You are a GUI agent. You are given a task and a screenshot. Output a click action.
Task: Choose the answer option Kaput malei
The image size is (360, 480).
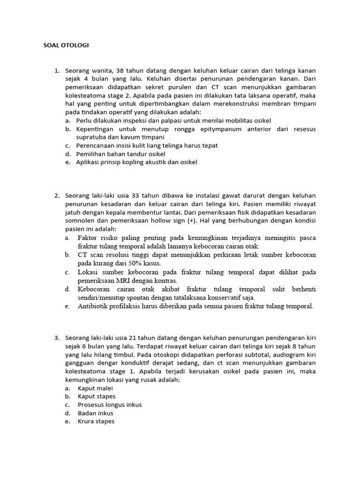(x=96, y=388)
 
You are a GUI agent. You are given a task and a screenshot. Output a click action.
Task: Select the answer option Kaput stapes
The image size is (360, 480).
(x=97, y=397)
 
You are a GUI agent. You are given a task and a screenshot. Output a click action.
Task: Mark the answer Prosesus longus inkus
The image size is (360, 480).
(x=110, y=405)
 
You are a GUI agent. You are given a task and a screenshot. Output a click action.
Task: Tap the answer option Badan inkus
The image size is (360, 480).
(x=96, y=413)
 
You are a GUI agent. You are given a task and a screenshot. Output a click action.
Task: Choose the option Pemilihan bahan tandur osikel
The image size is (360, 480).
(x=120, y=154)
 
